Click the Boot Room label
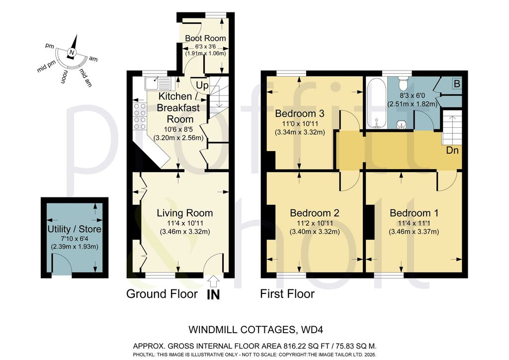(205, 38)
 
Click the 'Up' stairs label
(202, 86)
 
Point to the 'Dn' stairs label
(452, 150)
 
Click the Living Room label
(185, 213)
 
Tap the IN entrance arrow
(213, 281)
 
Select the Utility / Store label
(75, 229)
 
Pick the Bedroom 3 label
(300, 113)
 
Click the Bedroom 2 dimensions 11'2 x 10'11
(314, 223)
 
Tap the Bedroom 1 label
(414, 213)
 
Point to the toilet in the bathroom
(403, 83)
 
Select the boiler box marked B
(457, 84)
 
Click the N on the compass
(72, 53)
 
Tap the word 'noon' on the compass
(64, 77)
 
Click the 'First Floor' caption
(287, 294)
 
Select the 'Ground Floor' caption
(162, 294)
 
